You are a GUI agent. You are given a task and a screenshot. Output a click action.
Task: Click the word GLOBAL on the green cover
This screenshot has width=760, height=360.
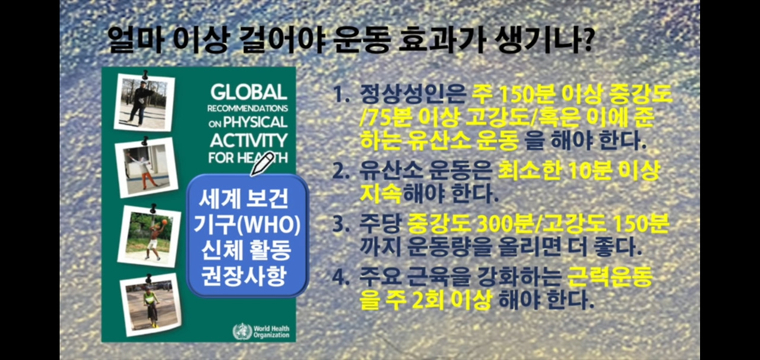click(x=249, y=92)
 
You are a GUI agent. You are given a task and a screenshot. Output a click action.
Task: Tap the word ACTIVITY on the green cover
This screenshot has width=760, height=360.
click(x=249, y=140)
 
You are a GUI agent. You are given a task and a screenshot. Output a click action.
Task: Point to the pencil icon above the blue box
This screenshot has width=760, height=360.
click(x=262, y=163)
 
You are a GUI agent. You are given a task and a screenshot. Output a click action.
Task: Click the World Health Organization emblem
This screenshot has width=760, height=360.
click(x=242, y=331)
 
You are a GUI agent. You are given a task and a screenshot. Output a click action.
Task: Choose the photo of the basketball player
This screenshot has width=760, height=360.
click(x=149, y=235)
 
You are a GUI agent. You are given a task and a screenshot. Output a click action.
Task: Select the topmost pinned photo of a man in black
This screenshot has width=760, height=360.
click(x=144, y=101)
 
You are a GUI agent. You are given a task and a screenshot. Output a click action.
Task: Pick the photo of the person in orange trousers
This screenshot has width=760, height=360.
click(x=146, y=167)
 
